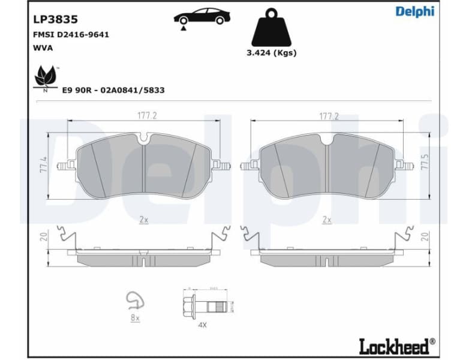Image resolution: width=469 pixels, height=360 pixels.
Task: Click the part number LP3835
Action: (x=55, y=19)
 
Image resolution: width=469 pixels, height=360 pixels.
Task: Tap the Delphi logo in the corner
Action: (x=415, y=12)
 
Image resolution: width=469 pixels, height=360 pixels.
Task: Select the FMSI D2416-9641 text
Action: (x=71, y=35)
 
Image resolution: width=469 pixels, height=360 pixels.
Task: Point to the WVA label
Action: (x=43, y=48)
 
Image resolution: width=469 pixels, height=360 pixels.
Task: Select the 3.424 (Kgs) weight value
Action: (x=272, y=53)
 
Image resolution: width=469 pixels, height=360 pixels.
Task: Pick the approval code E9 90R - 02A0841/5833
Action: (x=113, y=90)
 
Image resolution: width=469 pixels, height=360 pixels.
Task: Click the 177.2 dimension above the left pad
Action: (x=143, y=116)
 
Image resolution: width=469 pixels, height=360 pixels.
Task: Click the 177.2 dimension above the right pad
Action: (x=328, y=116)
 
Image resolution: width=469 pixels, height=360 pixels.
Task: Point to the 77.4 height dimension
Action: (x=44, y=166)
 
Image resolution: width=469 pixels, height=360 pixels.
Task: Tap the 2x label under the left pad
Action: (x=143, y=220)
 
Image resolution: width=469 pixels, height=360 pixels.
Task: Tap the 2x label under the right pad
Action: (x=327, y=220)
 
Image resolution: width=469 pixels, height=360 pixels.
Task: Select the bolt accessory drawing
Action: (x=204, y=307)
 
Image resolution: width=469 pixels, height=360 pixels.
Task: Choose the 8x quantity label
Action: (x=135, y=318)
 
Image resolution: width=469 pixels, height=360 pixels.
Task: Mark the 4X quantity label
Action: (x=202, y=325)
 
